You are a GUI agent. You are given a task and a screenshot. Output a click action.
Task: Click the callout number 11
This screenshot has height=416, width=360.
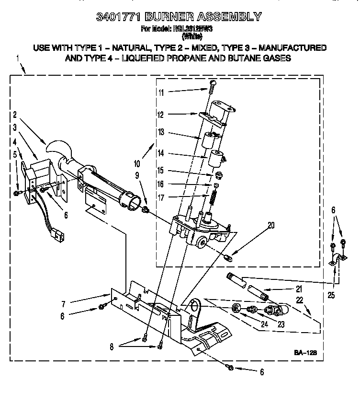pyautogui.click(x=161, y=92)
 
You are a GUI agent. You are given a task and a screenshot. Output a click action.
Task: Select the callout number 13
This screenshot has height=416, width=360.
pyautogui.click(x=161, y=132)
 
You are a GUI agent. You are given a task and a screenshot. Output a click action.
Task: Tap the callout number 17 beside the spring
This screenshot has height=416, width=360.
pyautogui.click(x=161, y=196)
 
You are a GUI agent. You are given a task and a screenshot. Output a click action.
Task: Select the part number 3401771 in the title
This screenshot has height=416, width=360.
pyautogui.click(x=119, y=17)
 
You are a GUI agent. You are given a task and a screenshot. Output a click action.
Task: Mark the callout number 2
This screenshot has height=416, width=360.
pyautogui.click(x=15, y=115)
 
